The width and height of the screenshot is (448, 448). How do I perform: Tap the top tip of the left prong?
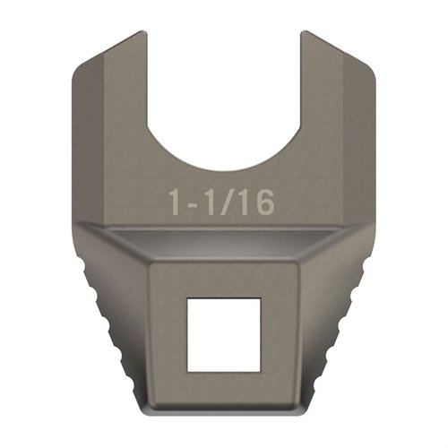point(134,37)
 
